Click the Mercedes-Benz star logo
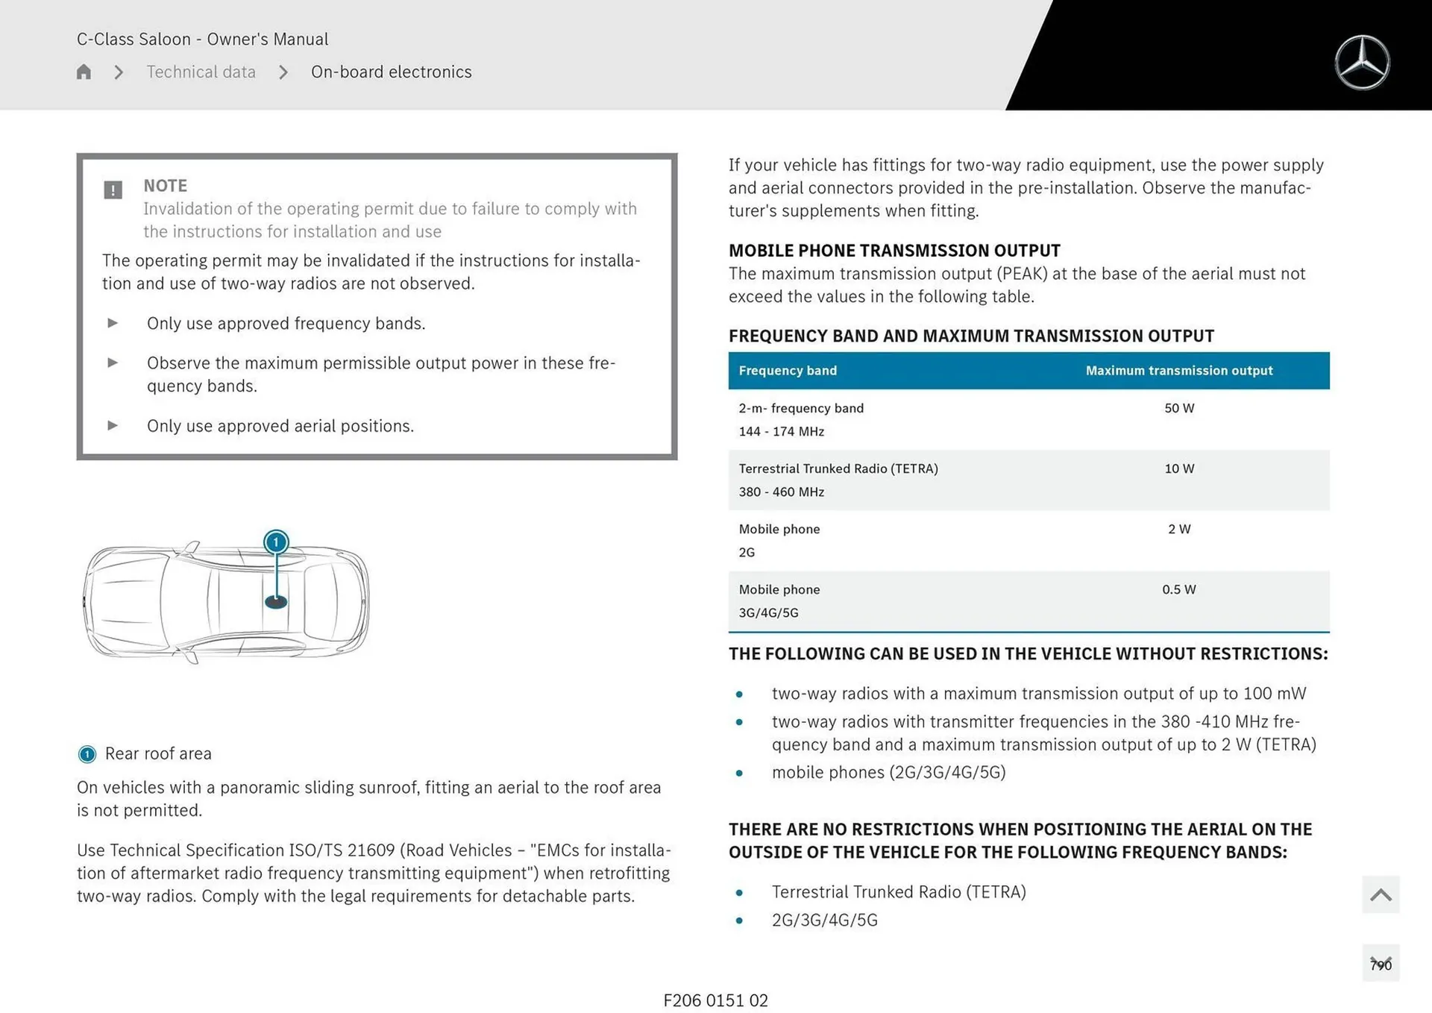tap(1362, 63)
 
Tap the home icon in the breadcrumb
tap(84, 72)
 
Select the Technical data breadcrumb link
tap(201, 72)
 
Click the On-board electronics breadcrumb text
tap(391, 72)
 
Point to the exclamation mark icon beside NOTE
tap(113, 189)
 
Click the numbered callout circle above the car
tap(276, 542)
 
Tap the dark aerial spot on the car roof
tap(276, 601)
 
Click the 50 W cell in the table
tap(1178, 408)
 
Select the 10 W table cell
tap(1178, 468)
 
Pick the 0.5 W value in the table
tap(1178, 589)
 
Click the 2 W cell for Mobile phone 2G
tap(1178, 529)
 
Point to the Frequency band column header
tap(788, 371)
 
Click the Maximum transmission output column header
tap(1178, 371)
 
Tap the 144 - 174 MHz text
tap(781, 431)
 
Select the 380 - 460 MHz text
tap(781, 492)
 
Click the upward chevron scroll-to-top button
tap(1381, 894)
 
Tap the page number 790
tap(1381, 965)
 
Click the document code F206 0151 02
tap(715, 1000)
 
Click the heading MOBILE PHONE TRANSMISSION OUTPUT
tap(894, 251)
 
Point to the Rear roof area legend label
tap(158, 753)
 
